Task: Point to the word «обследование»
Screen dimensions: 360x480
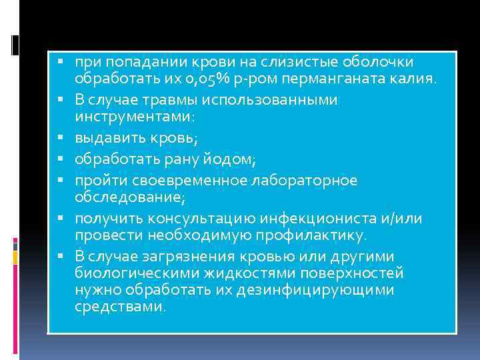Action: pos(127,199)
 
